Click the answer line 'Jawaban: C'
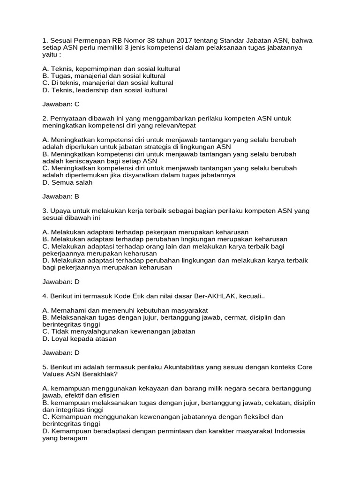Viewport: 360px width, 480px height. (x=61, y=104)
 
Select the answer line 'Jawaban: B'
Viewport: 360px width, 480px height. (x=61, y=196)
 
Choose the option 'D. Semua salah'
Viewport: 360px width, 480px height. (x=67, y=182)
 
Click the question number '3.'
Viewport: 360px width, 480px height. (x=45, y=211)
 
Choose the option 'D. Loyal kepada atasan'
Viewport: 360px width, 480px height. (x=79, y=338)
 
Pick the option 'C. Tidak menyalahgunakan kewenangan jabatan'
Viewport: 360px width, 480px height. (x=119, y=331)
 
